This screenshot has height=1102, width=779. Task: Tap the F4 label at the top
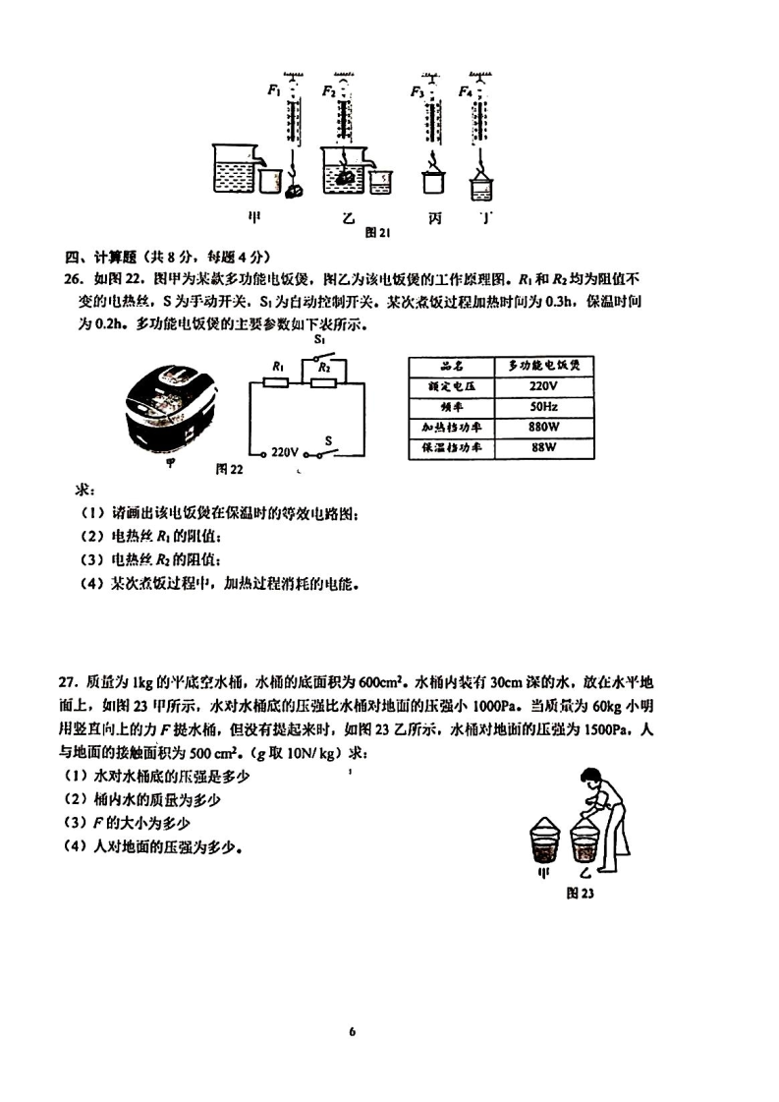466,91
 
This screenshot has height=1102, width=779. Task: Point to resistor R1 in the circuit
276,381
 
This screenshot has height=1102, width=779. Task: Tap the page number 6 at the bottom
351,1031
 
